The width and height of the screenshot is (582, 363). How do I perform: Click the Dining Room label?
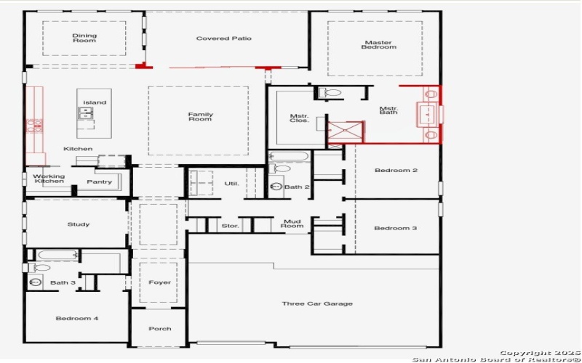(84, 38)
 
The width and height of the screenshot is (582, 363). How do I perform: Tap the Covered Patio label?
(223, 38)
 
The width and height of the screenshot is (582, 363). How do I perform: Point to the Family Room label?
(200, 117)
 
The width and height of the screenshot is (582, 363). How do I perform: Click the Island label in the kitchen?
(95, 102)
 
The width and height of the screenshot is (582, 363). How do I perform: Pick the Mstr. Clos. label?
(299, 118)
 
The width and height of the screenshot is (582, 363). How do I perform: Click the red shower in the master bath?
(345, 131)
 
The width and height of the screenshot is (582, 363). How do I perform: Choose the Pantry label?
(99, 181)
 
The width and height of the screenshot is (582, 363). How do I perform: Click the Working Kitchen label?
(49, 179)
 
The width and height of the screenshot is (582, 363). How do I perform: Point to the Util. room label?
(231, 184)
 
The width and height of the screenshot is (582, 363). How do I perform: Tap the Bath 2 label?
(297, 187)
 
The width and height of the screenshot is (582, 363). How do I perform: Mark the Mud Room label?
(292, 224)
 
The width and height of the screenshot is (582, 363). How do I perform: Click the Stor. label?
(230, 227)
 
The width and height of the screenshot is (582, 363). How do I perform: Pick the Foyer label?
(159, 282)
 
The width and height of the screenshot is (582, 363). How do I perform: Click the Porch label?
(159, 329)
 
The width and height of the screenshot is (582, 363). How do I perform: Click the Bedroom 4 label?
(77, 318)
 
